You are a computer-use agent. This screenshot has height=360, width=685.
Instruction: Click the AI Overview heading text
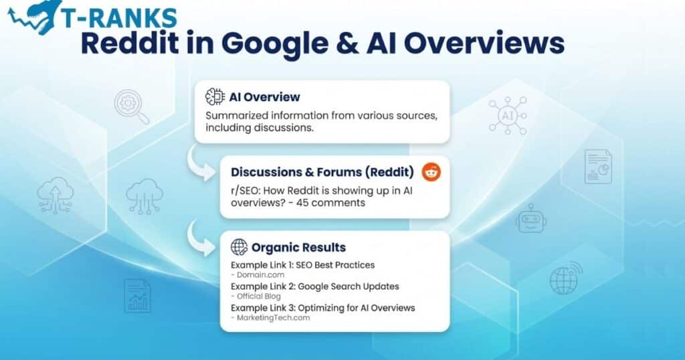click(264, 96)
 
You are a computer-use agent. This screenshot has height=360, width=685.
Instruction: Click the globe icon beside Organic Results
click(239, 247)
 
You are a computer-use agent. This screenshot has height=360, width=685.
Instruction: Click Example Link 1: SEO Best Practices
click(302, 265)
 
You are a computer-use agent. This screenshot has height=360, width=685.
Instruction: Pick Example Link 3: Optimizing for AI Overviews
click(322, 308)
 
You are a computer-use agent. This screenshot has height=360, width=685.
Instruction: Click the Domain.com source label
click(258, 275)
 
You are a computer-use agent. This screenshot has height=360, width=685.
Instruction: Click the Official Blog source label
click(258, 296)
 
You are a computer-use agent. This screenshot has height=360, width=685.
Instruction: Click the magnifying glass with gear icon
click(131, 107)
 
